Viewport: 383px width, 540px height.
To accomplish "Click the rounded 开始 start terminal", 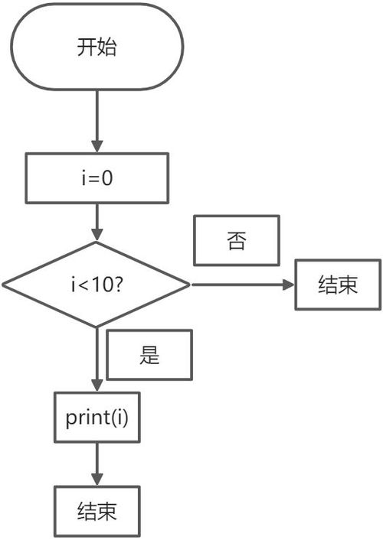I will (97, 48).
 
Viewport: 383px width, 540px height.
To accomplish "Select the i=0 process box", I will (97, 178).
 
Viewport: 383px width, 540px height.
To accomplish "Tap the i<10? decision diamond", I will (97, 285).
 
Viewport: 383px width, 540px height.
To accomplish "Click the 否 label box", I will (237, 241).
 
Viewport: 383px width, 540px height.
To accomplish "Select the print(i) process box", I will (97, 418).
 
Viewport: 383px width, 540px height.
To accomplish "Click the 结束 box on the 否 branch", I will (338, 285).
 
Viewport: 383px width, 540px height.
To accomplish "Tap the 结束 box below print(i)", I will (97, 511).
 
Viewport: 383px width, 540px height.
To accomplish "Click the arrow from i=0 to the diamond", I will (97, 223).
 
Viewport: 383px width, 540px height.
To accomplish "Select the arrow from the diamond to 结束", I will (242, 285).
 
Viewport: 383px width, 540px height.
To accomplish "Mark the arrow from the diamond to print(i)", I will (97, 359).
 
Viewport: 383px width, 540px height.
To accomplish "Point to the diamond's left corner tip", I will (5, 285).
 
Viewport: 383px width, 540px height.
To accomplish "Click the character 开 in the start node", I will (87, 48).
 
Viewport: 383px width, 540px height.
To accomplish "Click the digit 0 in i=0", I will (109, 178).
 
